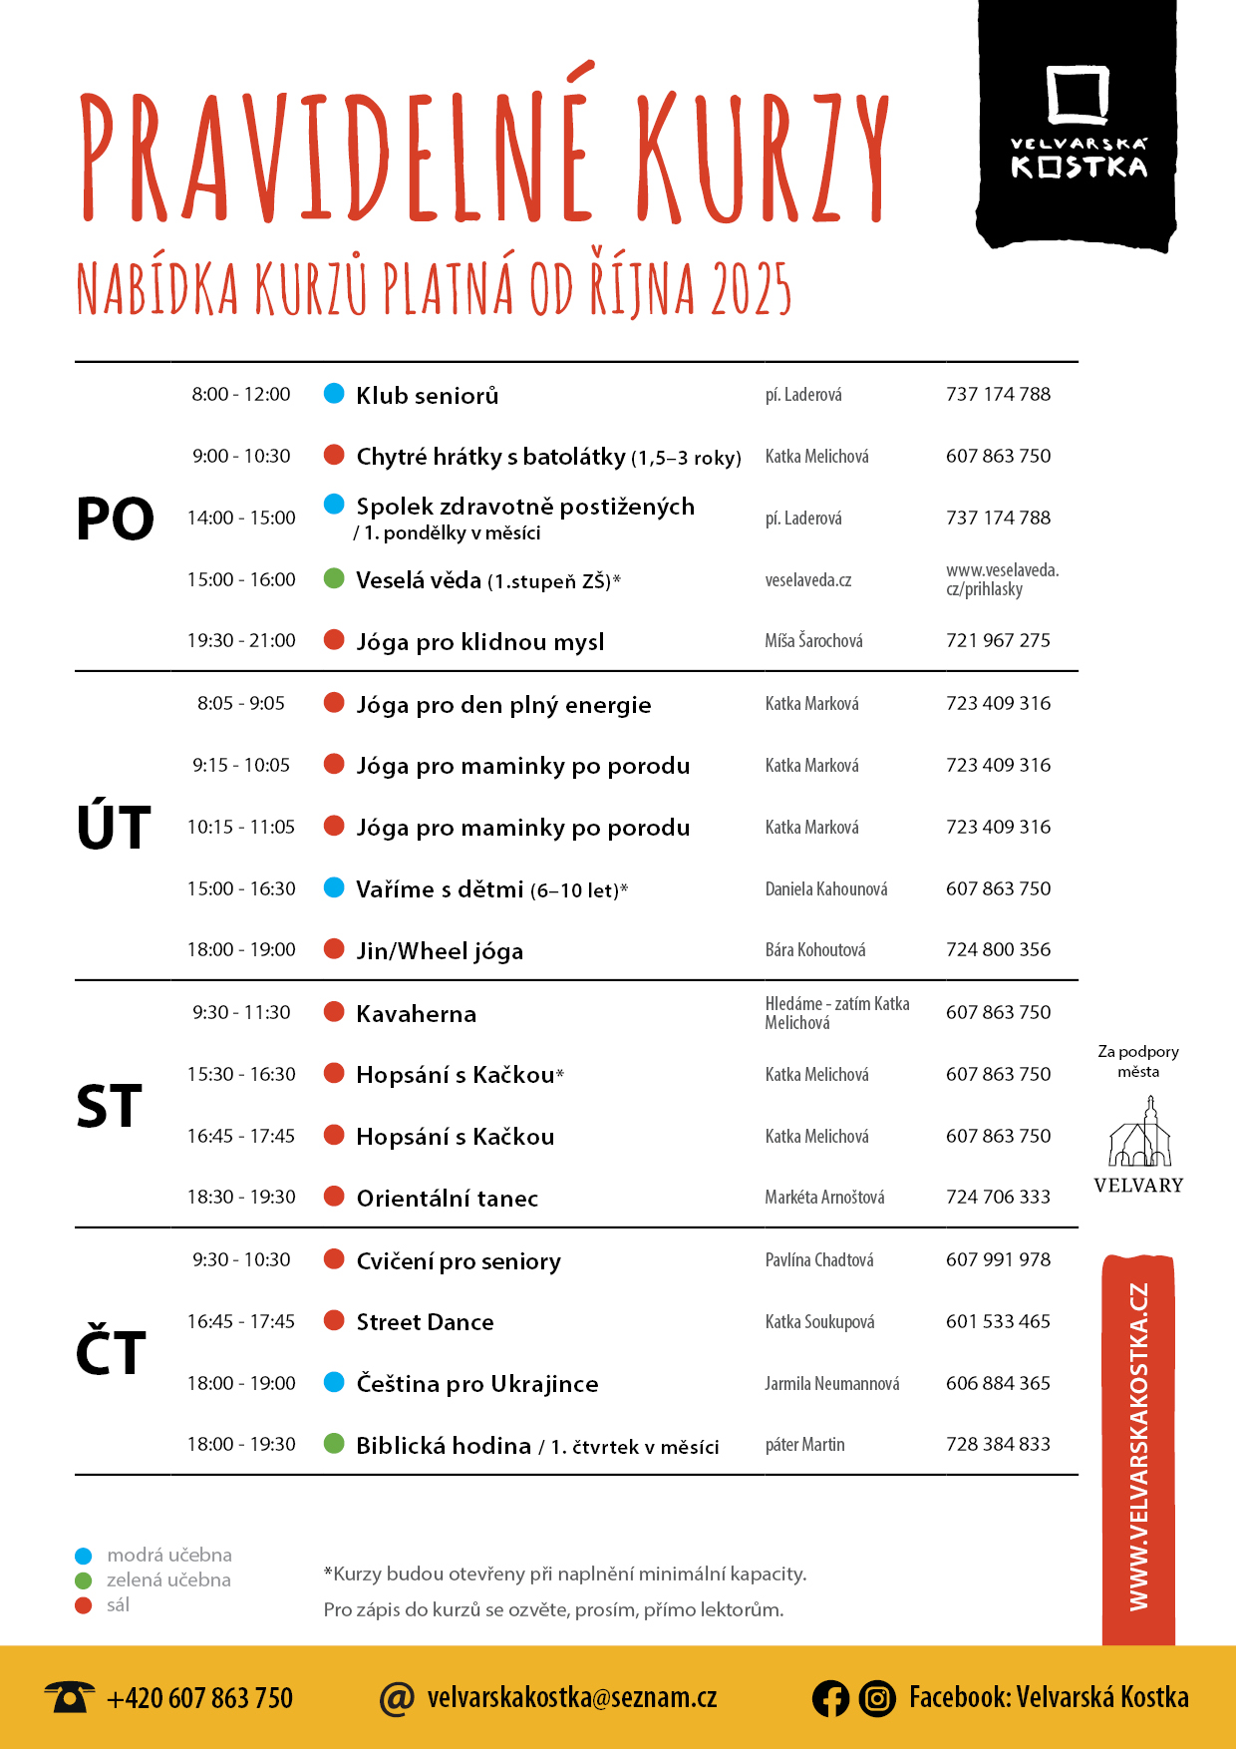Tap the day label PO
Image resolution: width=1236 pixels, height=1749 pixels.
pyautogui.click(x=115, y=519)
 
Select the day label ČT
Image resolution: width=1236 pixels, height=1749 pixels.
pyautogui.click(x=111, y=1352)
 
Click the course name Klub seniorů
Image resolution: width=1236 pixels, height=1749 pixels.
pyautogui.click(x=427, y=395)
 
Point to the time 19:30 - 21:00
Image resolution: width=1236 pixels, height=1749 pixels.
pyautogui.click(x=241, y=640)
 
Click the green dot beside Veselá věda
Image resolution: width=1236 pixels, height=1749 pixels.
pyautogui.click(x=335, y=578)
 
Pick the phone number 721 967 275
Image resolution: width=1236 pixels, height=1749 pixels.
pyautogui.click(x=998, y=640)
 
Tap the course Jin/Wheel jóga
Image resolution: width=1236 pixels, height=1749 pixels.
pyautogui.click(x=440, y=950)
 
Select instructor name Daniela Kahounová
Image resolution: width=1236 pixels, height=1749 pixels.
pyautogui.click(x=826, y=888)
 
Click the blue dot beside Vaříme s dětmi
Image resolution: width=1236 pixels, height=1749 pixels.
pyautogui.click(x=335, y=887)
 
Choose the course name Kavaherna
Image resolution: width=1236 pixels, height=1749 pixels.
pyautogui.click(x=417, y=1014)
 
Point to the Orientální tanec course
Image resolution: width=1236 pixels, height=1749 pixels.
pyautogui.click(x=448, y=1198)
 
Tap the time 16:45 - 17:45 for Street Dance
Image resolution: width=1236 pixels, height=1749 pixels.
pyautogui.click(x=241, y=1321)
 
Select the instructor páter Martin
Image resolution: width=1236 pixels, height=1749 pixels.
pyautogui.click(x=804, y=1445)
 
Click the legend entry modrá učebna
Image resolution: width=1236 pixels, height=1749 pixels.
pyautogui.click(x=168, y=1555)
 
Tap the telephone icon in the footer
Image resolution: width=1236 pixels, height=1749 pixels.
pyautogui.click(x=69, y=1696)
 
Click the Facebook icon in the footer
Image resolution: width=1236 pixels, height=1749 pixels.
pyautogui.click(x=830, y=1698)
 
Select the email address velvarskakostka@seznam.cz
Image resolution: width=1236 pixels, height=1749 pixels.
pyautogui.click(x=571, y=1697)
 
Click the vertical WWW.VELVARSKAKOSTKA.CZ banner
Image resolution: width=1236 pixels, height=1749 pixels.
pyautogui.click(x=1138, y=1446)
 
